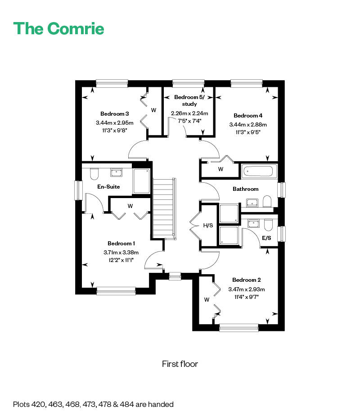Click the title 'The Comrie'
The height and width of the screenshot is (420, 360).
[x=58, y=28]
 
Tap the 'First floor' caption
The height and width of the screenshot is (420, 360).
[x=180, y=364]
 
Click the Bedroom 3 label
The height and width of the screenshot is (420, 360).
[x=115, y=114]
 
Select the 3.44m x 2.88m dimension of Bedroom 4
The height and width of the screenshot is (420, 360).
[x=248, y=125]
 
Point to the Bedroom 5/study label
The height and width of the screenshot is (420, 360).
[x=189, y=100]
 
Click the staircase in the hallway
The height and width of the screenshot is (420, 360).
[x=164, y=208]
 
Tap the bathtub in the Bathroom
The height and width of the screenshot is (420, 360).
[x=259, y=171]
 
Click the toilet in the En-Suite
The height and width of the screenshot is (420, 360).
[x=94, y=174]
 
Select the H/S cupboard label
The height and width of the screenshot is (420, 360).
[x=208, y=225]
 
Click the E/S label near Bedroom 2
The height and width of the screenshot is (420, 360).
[x=266, y=238]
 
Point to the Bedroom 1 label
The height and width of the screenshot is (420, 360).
[x=121, y=243]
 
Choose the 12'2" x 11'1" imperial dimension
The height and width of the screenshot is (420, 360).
[x=121, y=260]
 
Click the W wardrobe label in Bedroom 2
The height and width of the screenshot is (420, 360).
[x=207, y=299]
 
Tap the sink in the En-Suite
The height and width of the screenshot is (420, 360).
[x=116, y=172]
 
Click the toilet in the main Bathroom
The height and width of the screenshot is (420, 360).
[x=267, y=201]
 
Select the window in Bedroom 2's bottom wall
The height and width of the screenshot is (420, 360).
[x=239, y=328]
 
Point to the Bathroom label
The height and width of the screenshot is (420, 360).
[x=246, y=189]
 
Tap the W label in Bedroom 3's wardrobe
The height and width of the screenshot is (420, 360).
[x=153, y=110]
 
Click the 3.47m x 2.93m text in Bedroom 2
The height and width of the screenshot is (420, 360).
[x=247, y=289]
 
